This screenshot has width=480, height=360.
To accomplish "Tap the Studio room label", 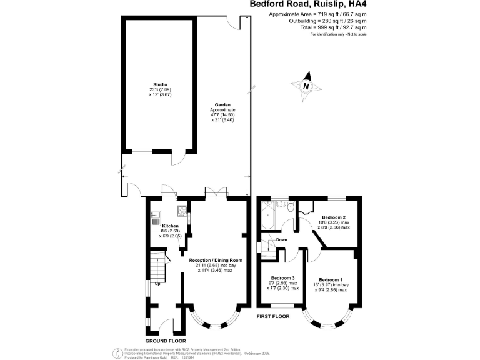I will point(161,84).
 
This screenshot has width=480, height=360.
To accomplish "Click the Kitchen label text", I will point(170,226).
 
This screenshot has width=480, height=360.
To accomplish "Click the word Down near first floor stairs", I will point(282,239).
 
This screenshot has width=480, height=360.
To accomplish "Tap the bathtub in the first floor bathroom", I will point(265,216).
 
